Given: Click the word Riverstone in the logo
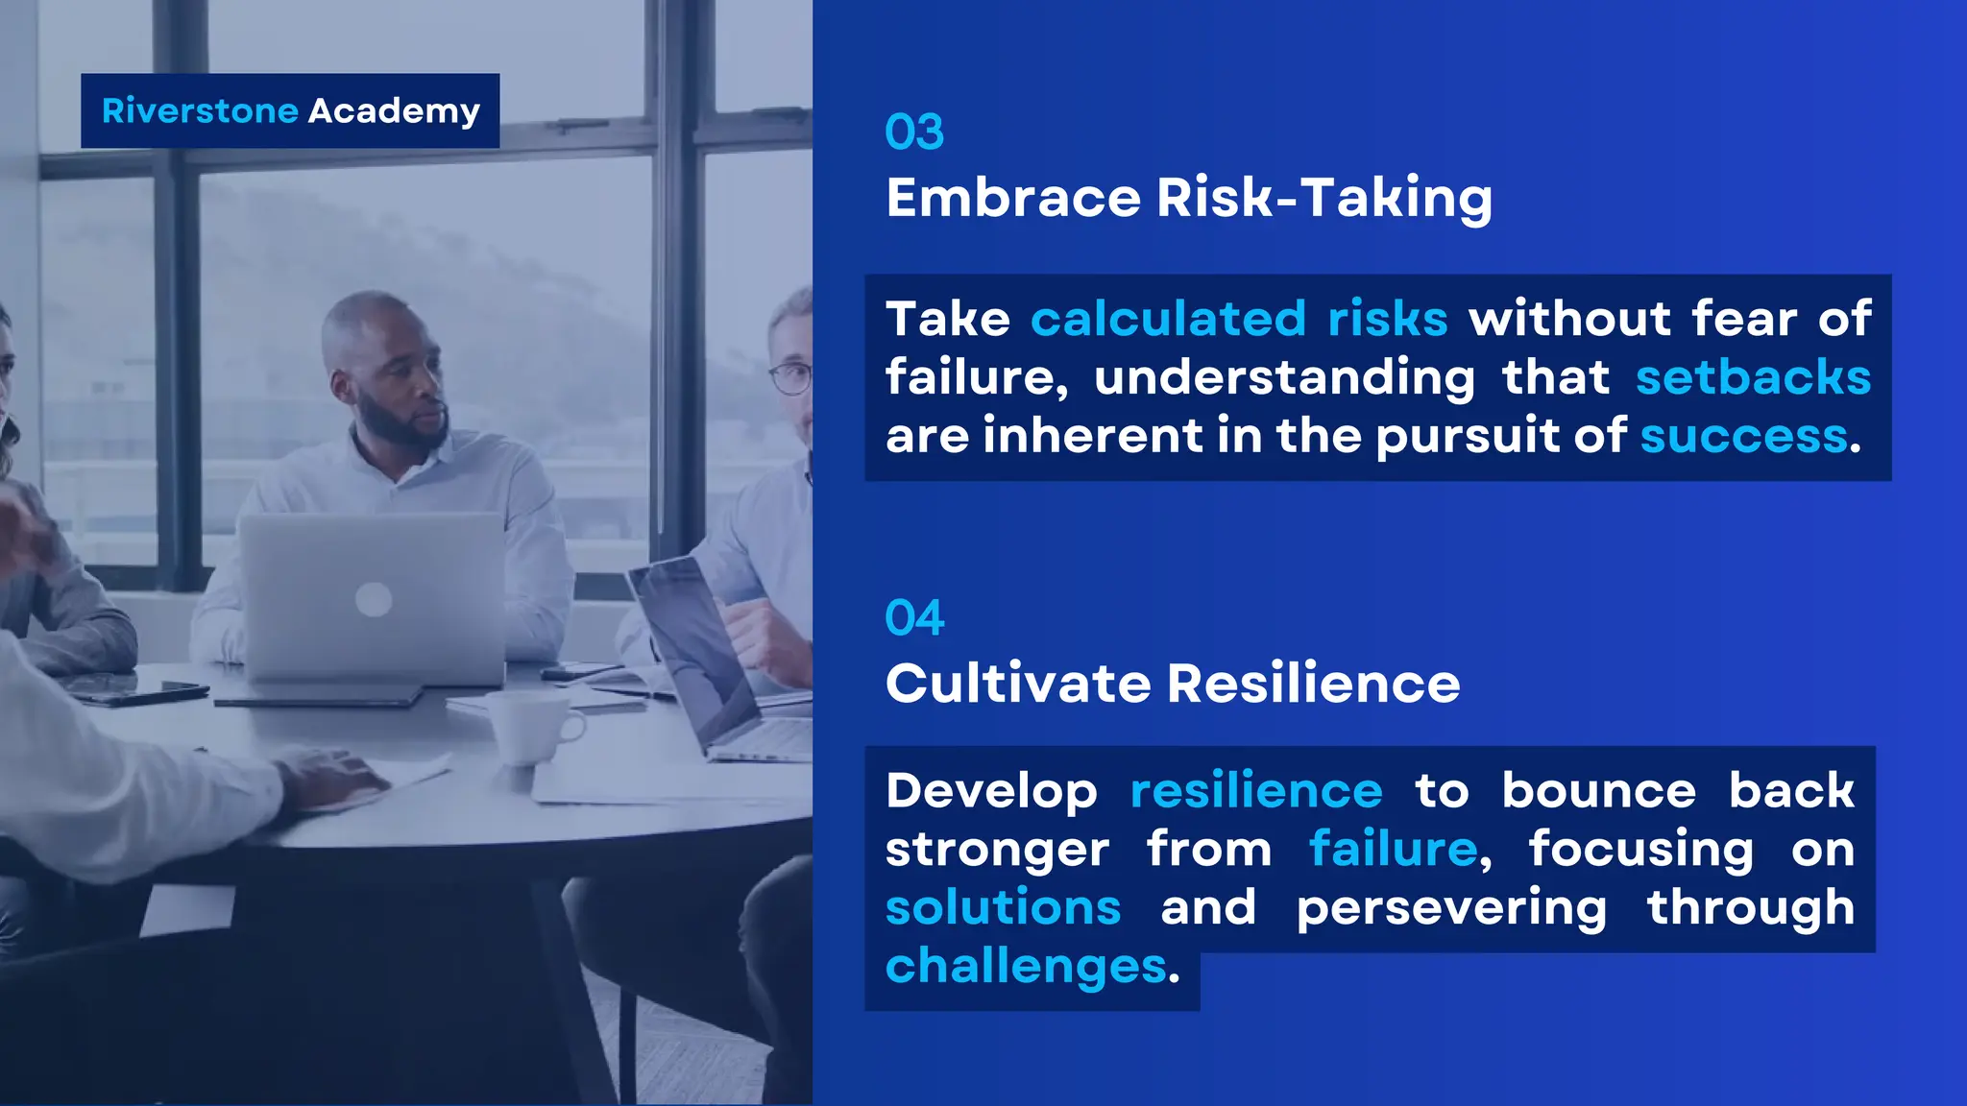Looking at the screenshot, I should coord(200,111).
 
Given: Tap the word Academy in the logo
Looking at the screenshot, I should coord(394,112).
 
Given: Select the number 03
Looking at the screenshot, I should coord(914,132).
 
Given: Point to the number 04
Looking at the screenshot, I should coord(914,618).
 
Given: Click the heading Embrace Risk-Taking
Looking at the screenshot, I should coord(1189,199).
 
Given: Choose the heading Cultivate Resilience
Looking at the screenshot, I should coord(1173,684).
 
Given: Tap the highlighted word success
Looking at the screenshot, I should coord(1744,436).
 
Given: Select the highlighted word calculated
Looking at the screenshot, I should coord(1168,319).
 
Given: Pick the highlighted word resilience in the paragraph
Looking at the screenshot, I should coord(1256,791).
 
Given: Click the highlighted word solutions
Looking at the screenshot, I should coord(1003,907).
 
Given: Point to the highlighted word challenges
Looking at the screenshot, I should coord(1026,966).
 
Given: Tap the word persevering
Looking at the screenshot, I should coord(1451,908).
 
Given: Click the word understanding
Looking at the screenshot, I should coord(1285,377).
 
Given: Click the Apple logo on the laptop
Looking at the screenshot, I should coord(374,601).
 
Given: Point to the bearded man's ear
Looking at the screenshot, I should coord(343,386).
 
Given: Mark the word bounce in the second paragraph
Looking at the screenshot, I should coord(1599,791).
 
